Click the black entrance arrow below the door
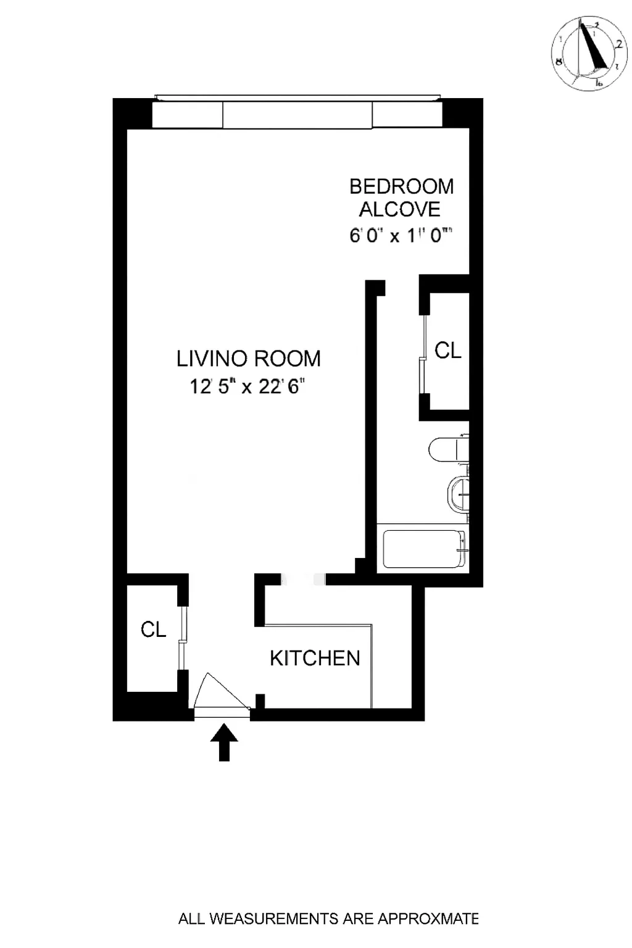pos(224,742)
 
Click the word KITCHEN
pos(315,659)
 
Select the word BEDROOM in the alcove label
pos(401,186)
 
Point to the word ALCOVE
pos(400,210)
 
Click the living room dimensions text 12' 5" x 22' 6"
pos(247,387)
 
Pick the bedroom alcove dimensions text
pos(401,236)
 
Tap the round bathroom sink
pos(457,494)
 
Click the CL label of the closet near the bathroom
pos(448,351)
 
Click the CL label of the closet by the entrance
pos(153,630)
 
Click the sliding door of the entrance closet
pos(182,638)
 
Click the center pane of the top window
pos(297,115)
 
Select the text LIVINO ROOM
pos(248,359)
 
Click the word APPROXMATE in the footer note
pos(428,919)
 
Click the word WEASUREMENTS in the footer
pos(275,919)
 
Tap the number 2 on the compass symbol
pos(618,44)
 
